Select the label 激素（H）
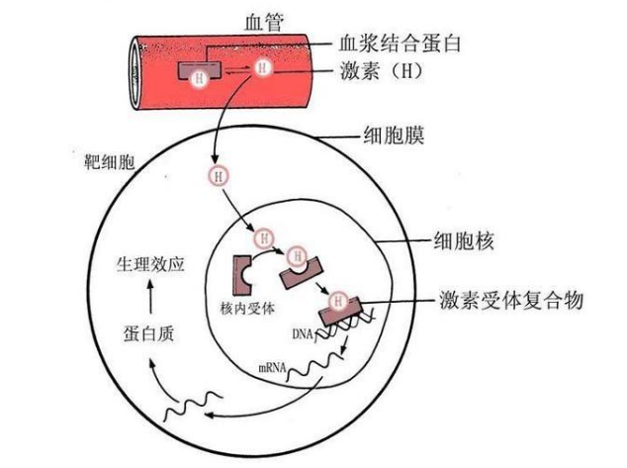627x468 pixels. tap(394, 73)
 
